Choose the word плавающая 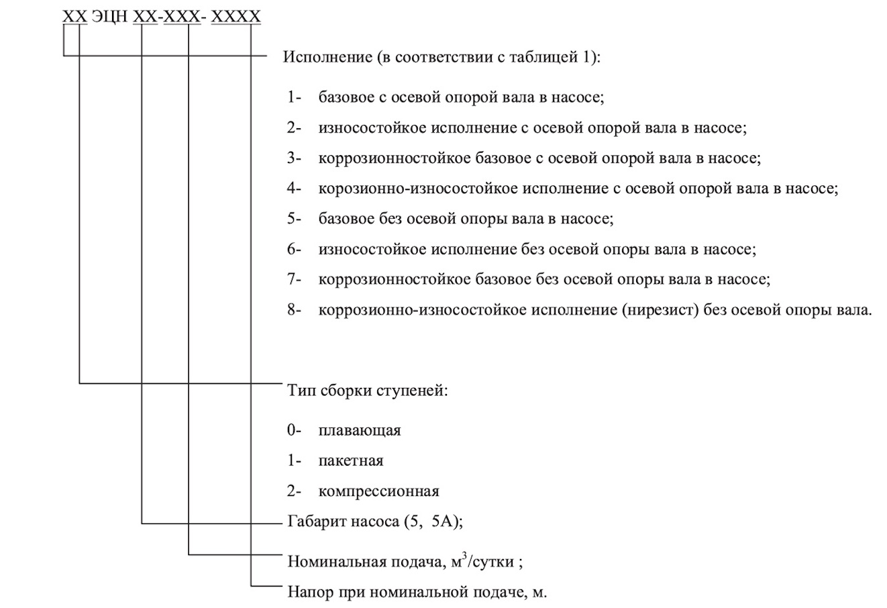(x=360, y=430)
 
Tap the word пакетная (x=351, y=461)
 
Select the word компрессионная (x=379, y=491)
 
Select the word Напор (x=308, y=593)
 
